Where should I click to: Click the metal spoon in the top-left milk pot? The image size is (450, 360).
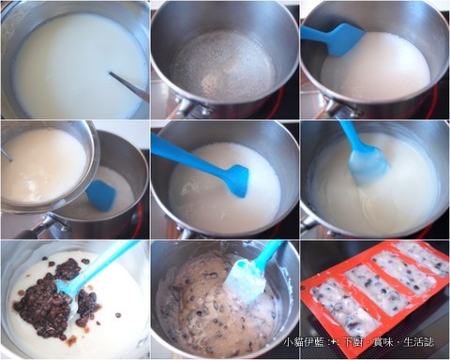(x=128, y=86)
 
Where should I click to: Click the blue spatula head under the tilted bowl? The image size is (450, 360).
(x=101, y=196)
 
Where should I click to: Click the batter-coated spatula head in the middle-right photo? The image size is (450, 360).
(x=368, y=166)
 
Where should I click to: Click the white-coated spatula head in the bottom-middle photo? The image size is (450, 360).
(x=246, y=283)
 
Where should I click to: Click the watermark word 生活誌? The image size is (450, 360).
(x=419, y=342)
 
